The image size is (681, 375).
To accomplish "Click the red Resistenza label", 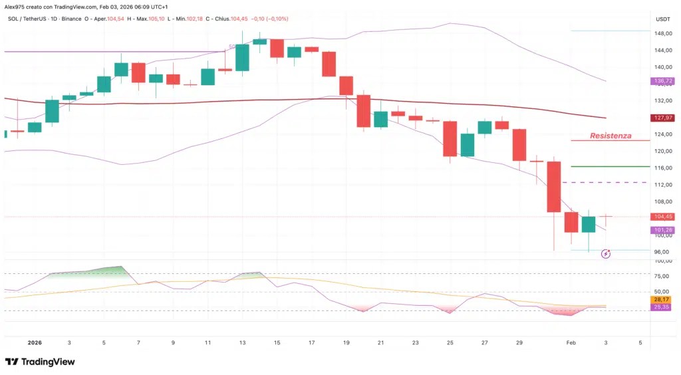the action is pos(611,136).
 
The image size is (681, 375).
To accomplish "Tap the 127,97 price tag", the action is pos(662,118).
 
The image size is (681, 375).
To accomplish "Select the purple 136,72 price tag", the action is pos(662,80).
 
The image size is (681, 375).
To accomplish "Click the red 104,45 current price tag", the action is pos(662,217).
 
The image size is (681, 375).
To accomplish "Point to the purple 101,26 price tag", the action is pos(662,230).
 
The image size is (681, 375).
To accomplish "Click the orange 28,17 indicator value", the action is pos(661,299).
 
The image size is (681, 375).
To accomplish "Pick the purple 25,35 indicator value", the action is pos(661,307).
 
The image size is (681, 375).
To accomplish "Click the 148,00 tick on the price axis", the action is pos(663,33).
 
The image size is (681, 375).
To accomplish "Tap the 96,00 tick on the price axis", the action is pos(662,252).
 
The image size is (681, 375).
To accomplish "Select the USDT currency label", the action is pos(663,19).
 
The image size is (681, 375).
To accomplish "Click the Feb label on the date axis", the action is pos(571,342).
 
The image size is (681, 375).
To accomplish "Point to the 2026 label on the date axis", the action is pos(35,342).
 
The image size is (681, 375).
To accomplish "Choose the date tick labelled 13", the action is pos(242,342).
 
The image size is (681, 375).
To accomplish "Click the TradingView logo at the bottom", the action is pos(40,362).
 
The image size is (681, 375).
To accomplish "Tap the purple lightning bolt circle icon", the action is pos(606,253).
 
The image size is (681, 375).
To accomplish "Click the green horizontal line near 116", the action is pos(611,166).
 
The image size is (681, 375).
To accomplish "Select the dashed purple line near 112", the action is pos(606,182).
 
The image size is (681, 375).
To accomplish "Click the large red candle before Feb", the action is pos(554,187).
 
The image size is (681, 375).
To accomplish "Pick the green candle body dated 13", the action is pos(242,57).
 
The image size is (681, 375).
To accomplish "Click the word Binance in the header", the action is pos(71,19).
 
